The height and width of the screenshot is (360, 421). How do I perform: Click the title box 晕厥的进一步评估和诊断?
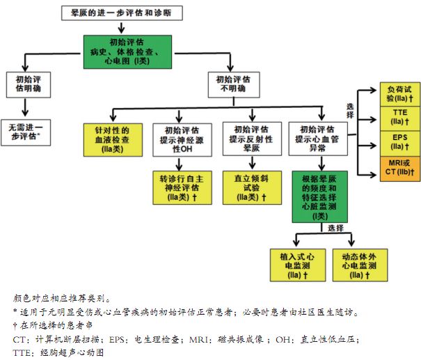[121, 12]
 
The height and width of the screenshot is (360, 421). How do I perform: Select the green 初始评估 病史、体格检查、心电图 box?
[122, 51]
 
